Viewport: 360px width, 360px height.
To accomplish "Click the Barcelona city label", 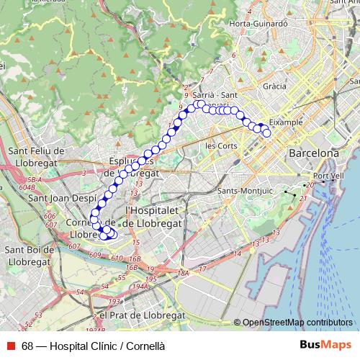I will point(313,153).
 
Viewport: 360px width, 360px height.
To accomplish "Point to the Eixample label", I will point(286,122).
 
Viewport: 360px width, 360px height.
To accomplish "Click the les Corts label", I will point(221,145).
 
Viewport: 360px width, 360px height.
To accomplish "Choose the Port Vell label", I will point(328,176).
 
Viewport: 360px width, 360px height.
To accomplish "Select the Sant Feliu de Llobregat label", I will point(37,156).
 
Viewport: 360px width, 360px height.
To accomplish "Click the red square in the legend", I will point(12,346).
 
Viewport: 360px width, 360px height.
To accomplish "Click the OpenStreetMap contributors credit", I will point(297,323).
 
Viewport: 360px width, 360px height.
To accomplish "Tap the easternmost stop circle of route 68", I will point(267,132).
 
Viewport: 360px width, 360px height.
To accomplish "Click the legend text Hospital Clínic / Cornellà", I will point(93,346).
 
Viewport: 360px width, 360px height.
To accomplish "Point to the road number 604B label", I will point(27,186).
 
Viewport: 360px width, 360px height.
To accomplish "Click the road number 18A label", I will point(184,273).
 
